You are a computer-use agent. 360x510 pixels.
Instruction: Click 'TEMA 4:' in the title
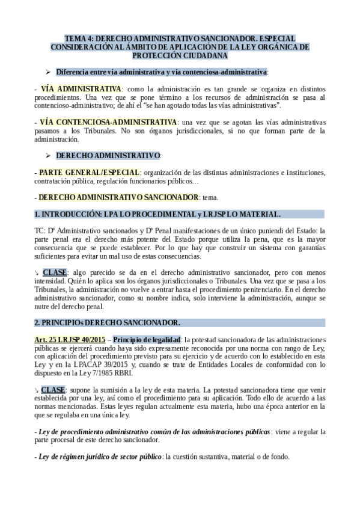pyautogui.click(x=78, y=38)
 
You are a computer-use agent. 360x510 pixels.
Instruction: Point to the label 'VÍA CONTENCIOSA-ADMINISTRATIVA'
pyautogui.click(x=109, y=122)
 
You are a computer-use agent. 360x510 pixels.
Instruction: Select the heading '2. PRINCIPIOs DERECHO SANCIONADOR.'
pyautogui.click(x=107, y=322)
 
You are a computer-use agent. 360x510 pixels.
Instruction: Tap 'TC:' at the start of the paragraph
pyautogui.click(x=40, y=230)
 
